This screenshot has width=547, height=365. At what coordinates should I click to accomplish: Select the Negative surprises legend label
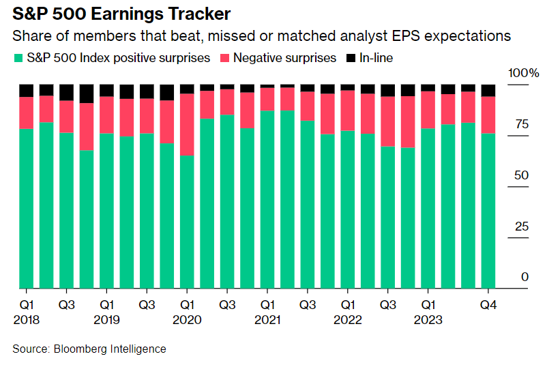click(284, 58)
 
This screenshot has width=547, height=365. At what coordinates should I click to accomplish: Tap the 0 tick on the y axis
click(524, 277)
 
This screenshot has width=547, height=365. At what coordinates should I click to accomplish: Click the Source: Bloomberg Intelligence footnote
click(89, 349)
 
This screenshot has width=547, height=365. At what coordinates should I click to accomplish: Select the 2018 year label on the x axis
click(26, 320)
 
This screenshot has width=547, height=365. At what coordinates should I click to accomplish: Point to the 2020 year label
click(186, 320)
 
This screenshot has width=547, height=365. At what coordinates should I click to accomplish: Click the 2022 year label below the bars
click(347, 320)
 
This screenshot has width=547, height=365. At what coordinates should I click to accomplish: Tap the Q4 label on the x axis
click(488, 305)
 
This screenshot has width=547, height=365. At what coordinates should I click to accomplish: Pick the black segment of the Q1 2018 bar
click(26, 90)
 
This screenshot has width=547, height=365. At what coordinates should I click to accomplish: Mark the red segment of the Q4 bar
click(488, 115)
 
